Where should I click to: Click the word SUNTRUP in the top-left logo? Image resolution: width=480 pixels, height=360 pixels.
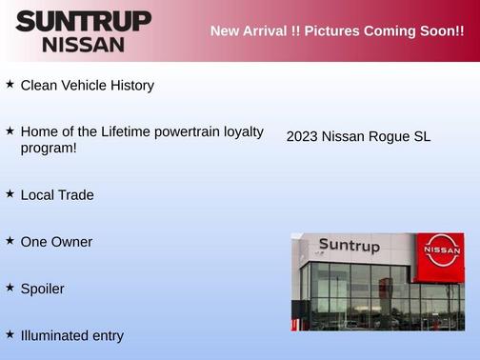[x=83, y=21]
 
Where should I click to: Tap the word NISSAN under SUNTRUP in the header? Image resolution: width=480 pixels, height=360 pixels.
[x=83, y=44]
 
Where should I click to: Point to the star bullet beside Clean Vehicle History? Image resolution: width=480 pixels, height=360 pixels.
[x=10, y=84]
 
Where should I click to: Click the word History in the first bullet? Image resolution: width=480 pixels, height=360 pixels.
[x=130, y=86]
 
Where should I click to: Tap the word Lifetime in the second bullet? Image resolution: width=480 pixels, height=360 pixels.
[x=126, y=131]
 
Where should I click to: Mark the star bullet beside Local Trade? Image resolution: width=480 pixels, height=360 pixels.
[x=10, y=193]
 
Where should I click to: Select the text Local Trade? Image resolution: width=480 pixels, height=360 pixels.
[x=57, y=195]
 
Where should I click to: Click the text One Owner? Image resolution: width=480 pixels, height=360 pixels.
[x=56, y=242]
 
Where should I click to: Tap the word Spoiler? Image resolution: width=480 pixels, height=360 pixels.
[x=42, y=289]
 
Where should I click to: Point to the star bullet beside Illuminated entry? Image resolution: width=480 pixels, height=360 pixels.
[x=10, y=334]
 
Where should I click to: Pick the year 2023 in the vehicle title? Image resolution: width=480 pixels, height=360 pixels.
[x=302, y=137]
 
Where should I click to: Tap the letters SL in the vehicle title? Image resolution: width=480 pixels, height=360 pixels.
[x=422, y=137]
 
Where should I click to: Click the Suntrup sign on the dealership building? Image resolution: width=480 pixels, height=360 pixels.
[x=349, y=247]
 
